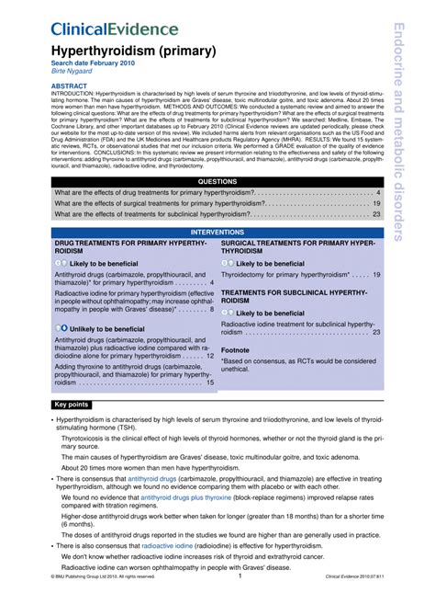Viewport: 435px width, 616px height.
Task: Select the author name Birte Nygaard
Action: tap(74, 72)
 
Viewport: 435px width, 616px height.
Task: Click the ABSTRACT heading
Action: tap(72, 85)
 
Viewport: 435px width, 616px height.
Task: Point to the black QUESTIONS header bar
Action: tap(217, 182)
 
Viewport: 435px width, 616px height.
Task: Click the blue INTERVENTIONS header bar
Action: tap(217, 233)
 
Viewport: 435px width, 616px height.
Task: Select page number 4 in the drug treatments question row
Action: tap(378, 193)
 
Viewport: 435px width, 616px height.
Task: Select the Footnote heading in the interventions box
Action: tap(235, 350)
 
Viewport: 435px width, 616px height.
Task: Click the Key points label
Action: tap(72, 405)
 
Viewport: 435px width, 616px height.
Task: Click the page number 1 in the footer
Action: tap(240, 602)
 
